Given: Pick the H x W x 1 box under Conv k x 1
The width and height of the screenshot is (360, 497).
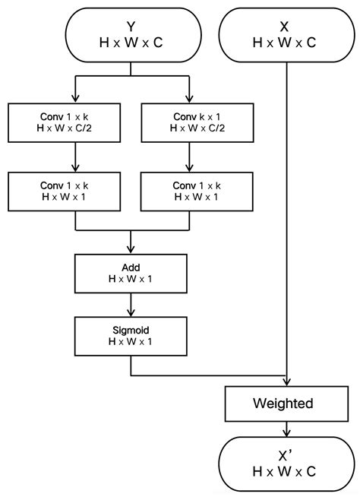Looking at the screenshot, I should coord(187,192).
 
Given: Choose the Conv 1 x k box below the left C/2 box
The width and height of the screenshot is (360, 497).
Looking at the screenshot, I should coord(75,192).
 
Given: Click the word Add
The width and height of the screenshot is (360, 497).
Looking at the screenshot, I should coord(131,268).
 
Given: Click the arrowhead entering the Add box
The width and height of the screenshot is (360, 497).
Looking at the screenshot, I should coord(131,248).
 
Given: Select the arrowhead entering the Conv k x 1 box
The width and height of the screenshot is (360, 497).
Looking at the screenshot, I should coord(187,99).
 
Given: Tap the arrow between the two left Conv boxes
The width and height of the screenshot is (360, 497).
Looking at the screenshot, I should coord(75,160).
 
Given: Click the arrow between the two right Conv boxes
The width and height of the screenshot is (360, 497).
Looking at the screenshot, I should coord(187,160).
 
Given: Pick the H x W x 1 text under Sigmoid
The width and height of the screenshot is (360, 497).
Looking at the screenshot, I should coord(131,342).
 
